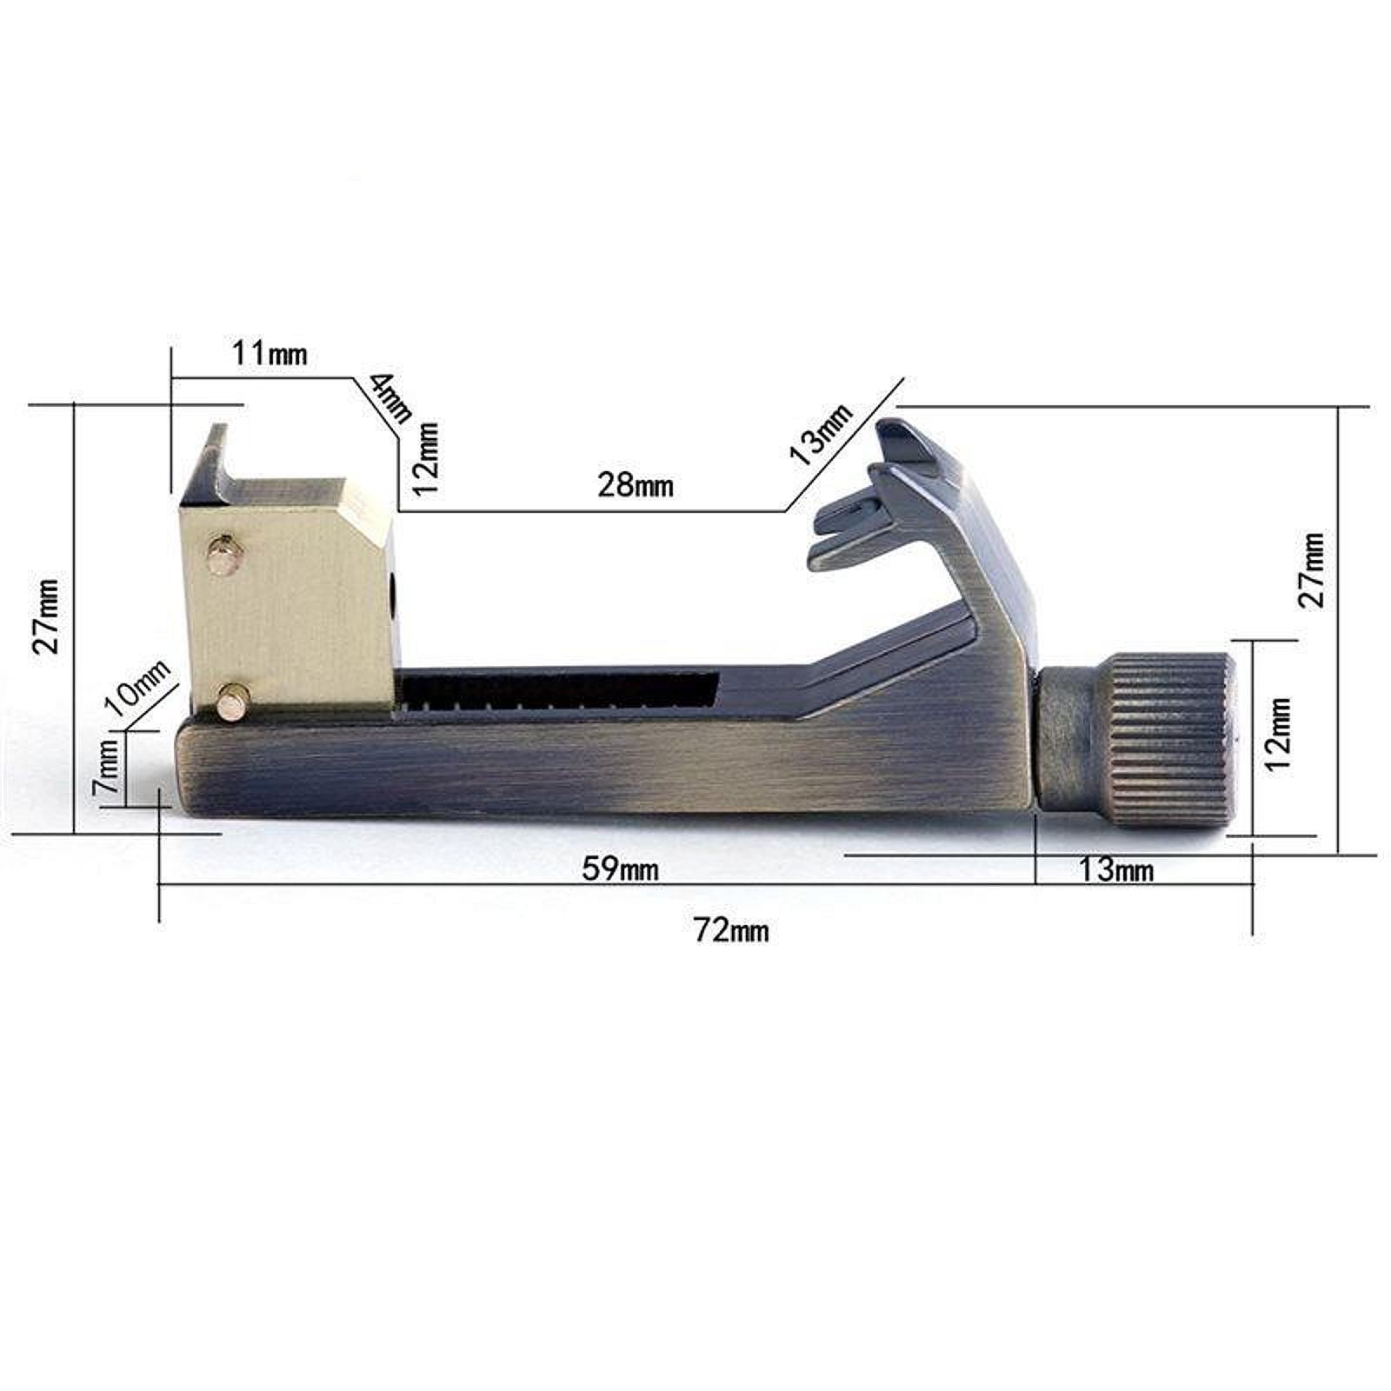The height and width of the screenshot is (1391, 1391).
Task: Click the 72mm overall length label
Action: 731,930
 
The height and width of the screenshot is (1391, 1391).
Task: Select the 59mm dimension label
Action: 620,868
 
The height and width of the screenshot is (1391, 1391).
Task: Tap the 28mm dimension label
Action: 636,484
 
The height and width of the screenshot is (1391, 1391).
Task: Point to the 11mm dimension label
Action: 270,354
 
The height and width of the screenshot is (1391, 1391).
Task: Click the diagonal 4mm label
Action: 390,397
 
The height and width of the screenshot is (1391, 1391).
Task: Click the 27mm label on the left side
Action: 45,616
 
